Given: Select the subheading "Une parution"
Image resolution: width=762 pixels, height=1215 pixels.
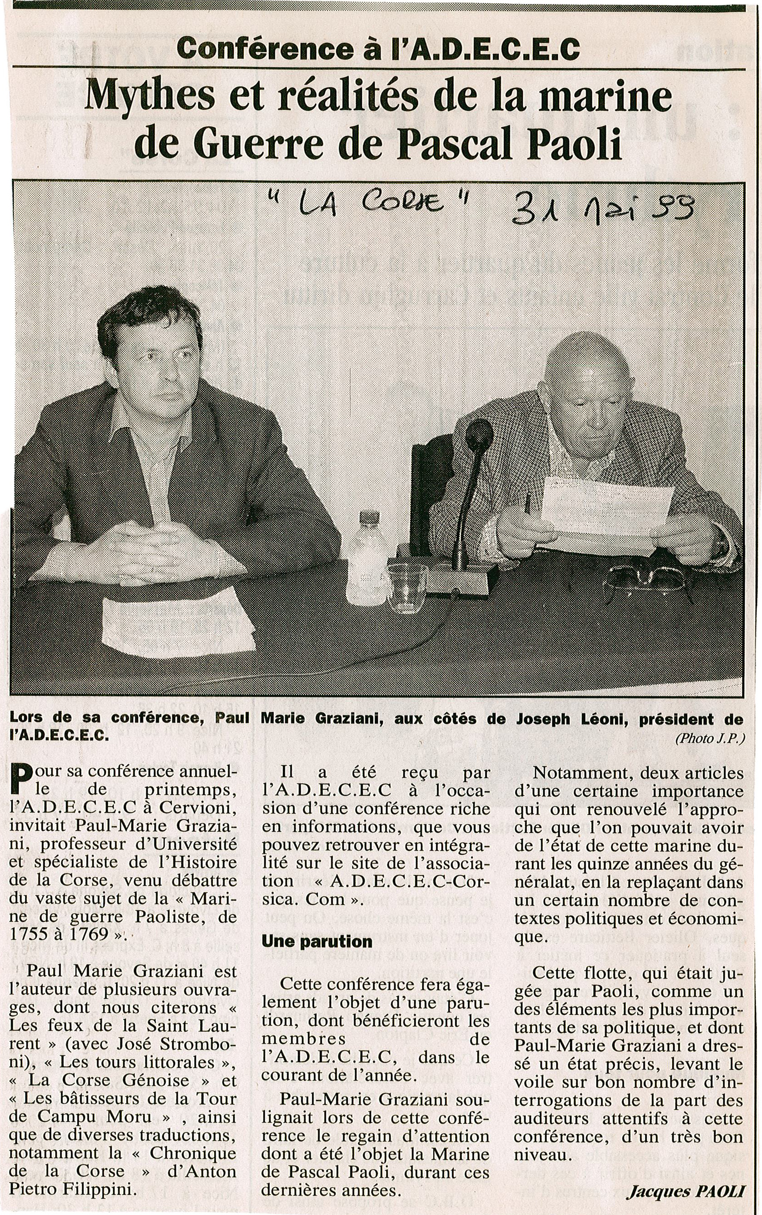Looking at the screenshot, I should pyautogui.click(x=316, y=941).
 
